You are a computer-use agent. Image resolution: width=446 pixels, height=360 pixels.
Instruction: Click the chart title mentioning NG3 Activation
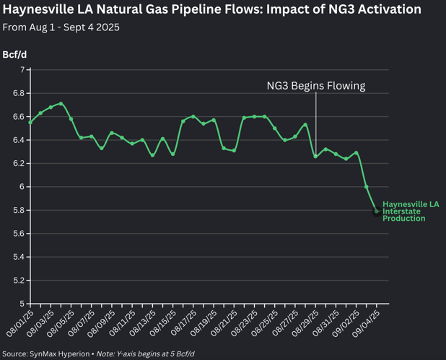(x=212, y=10)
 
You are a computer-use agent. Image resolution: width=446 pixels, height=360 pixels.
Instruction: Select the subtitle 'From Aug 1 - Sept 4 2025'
(x=61, y=27)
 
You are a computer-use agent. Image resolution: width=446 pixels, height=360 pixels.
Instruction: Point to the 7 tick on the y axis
(x=22, y=70)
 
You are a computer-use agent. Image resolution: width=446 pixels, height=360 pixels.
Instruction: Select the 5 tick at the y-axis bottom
(x=22, y=304)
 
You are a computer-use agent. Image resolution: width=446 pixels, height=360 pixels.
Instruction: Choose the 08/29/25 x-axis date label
(x=306, y=320)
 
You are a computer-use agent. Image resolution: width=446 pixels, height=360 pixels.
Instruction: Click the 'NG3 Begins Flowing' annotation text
(x=315, y=86)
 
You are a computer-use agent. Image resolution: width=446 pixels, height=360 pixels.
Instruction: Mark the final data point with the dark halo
(x=377, y=211)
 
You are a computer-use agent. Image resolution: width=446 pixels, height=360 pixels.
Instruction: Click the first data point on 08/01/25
(x=30, y=123)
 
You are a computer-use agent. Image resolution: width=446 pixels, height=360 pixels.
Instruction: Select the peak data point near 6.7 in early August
(x=61, y=104)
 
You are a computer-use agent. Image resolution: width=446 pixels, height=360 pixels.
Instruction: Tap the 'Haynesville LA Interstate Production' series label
(x=410, y=211)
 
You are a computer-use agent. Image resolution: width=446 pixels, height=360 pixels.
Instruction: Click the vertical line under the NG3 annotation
(x=315, y=123)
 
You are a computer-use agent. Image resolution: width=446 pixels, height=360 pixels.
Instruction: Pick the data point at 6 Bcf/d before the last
(x=367, y=187)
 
